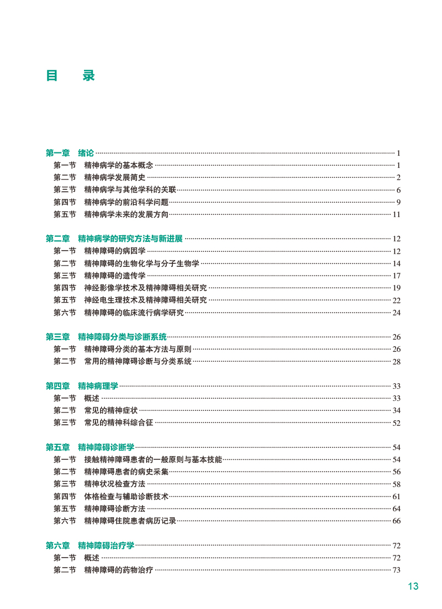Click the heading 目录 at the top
(70, 76)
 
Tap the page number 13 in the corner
(413, 586)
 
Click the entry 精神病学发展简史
(114, 177)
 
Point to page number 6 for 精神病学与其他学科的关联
(398, 190)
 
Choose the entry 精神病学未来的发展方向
(126, 214)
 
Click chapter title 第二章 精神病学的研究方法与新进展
(114, 239)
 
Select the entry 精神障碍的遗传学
(114, 276)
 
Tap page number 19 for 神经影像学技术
(396, 288)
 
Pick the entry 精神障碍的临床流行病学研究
(134, 313)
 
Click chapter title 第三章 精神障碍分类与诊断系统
(106, 337)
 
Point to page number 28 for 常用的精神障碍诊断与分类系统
(396, 362)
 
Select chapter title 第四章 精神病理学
(82, 386)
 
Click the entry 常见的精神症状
(110, 410)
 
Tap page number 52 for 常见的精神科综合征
(396, 423)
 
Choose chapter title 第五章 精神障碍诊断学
(90, 447)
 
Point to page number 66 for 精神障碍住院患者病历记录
(396, 521)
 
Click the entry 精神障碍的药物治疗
(118, 570)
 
